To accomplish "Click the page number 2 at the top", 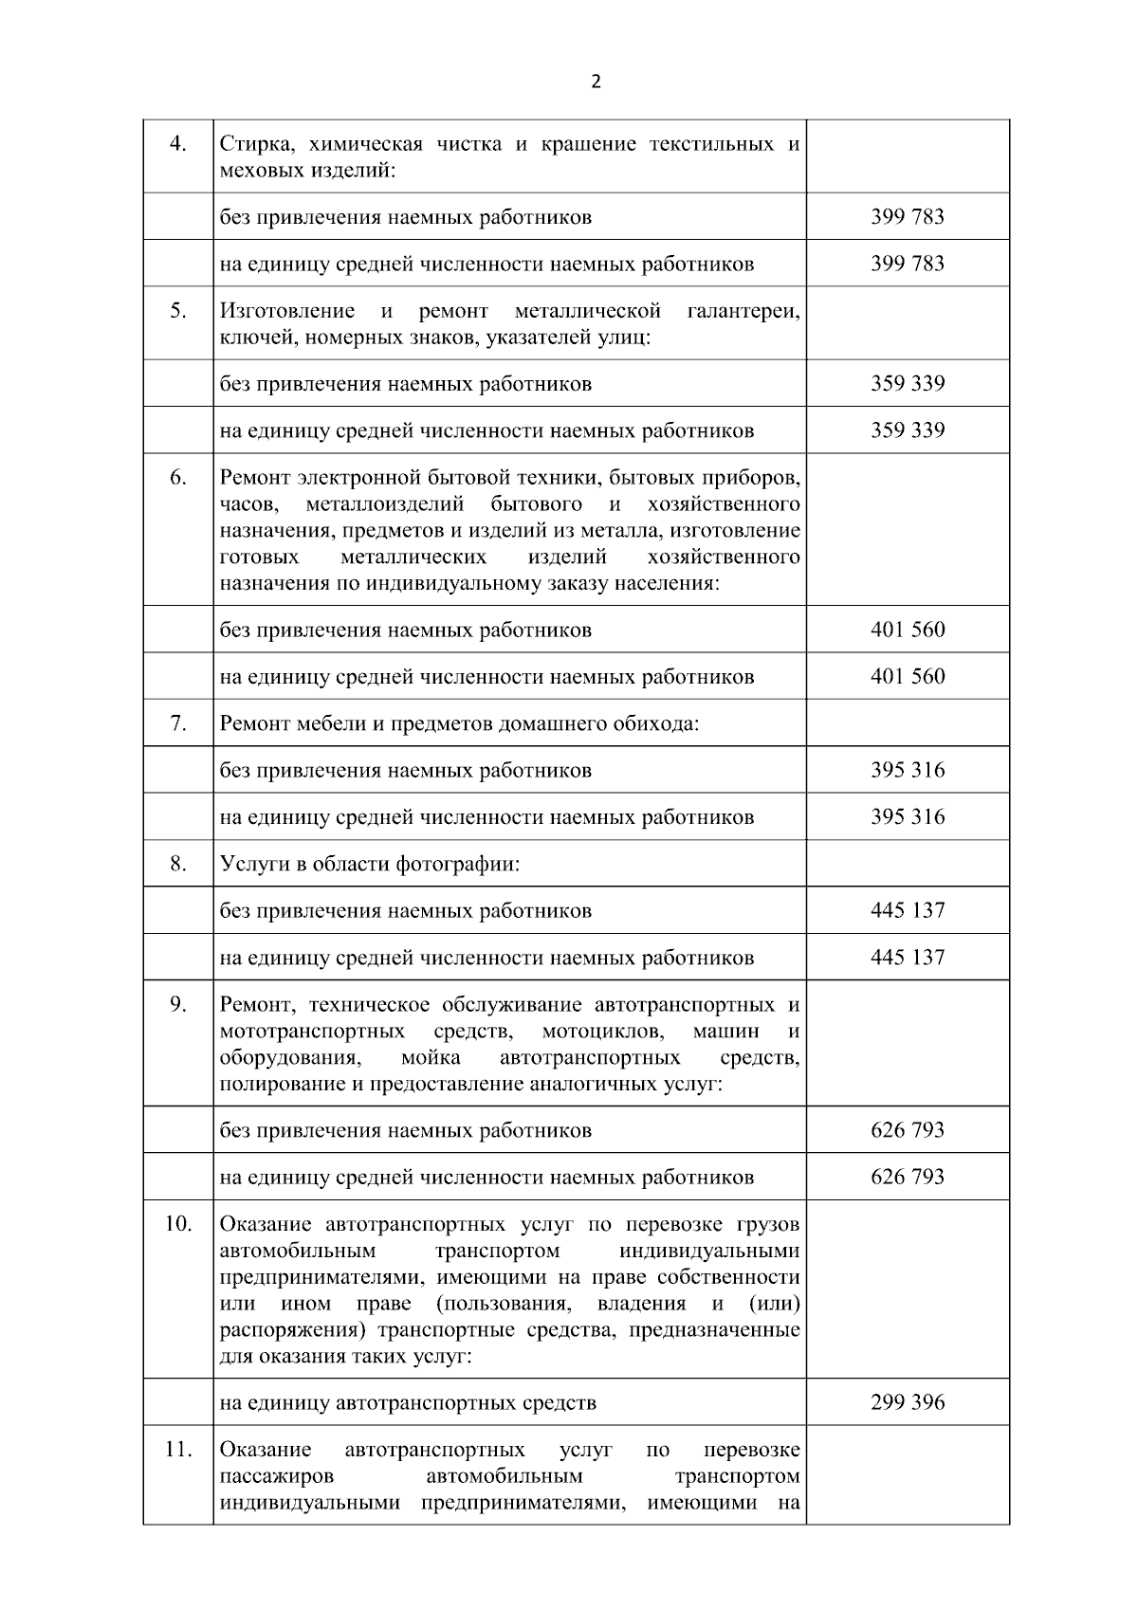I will (596, 82).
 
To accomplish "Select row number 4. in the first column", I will (178, 144).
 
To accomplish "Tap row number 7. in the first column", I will (178, 722).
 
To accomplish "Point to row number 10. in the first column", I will (178, 1223).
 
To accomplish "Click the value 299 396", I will (908, 1402).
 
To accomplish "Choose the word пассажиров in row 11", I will (276, 1477).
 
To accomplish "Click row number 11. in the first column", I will (178, 1450).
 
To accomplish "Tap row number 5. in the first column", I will (178, 311).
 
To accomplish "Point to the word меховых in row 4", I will (255, 172).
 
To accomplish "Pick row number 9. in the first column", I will (178, 1004).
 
